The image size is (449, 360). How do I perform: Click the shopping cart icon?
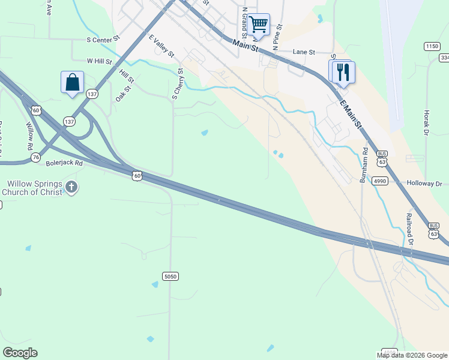pos(258,25)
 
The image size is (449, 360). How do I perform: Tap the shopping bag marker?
pos(72,82)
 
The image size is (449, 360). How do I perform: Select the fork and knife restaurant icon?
pos(343,72)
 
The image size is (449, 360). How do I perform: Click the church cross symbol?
pos(71,187)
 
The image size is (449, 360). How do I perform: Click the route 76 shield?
pos(37,157)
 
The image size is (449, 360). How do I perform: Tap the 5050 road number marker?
pos(170,276)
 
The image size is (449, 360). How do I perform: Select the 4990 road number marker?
pos(379,180)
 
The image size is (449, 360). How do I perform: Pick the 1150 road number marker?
pos(432,46)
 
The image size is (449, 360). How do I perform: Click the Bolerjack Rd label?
pos(64,163)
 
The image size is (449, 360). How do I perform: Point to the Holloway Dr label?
pos(424,184)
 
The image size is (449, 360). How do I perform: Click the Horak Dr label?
pos(427,122)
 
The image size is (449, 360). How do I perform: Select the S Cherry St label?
pos(177,83)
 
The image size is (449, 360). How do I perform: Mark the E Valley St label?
pos(161,46)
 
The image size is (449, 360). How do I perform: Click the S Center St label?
pos(104,41)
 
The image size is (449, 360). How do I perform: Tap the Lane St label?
pos(304,52)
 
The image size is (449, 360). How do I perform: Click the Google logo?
pos(20,353)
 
